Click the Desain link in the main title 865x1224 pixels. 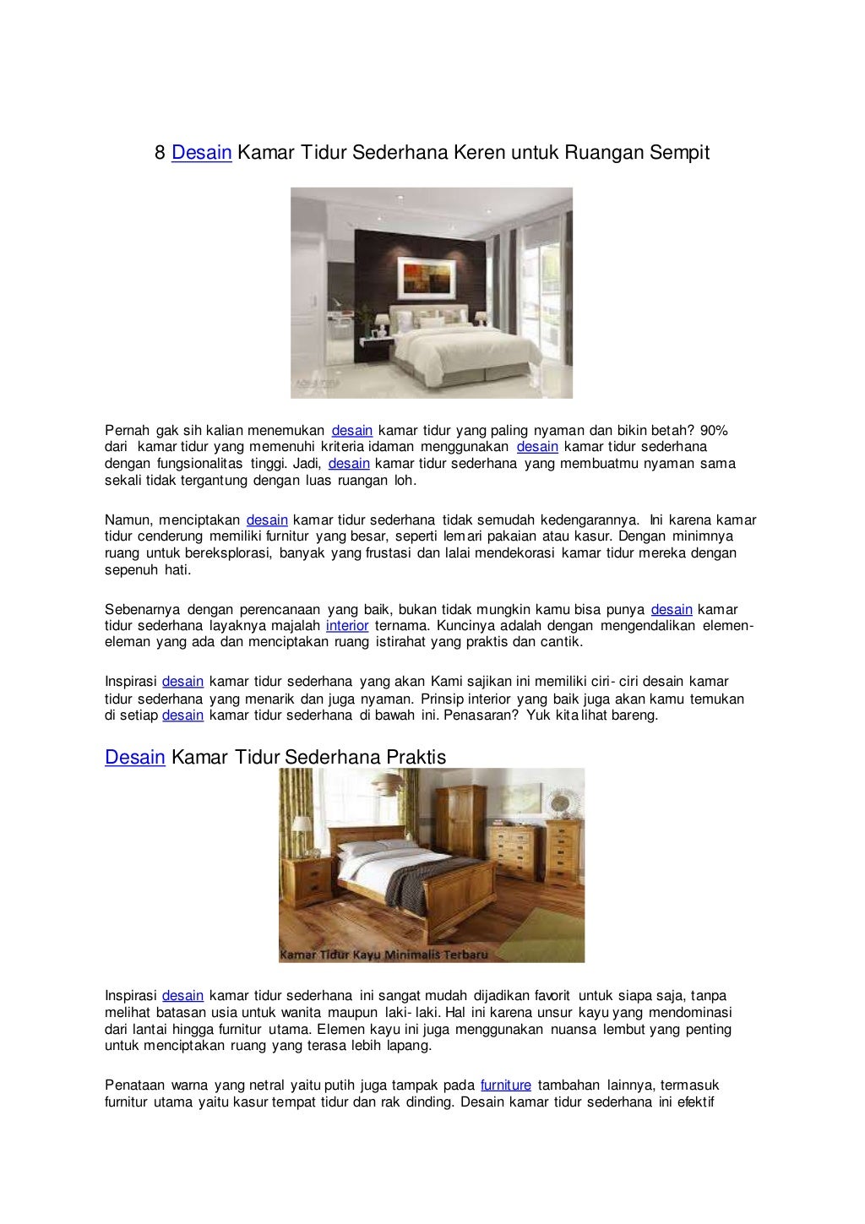pyautogui.click(x=202, y=154)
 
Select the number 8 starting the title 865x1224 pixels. pyautogui.click(x=159, y=154)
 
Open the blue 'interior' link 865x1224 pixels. pyautogui.click(x=347, y=626)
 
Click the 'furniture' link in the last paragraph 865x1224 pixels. pyautogui.click(x=505, y=1085)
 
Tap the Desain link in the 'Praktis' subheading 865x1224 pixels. pyautogui.click(x=134, y=757)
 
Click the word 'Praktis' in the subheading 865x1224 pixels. pyautogui.click(x=416, y=757)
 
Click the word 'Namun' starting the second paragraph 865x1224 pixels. pyautogui.click(x=126, y=520)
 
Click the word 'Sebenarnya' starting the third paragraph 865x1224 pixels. pyautogui.click(x=141, y=609)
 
